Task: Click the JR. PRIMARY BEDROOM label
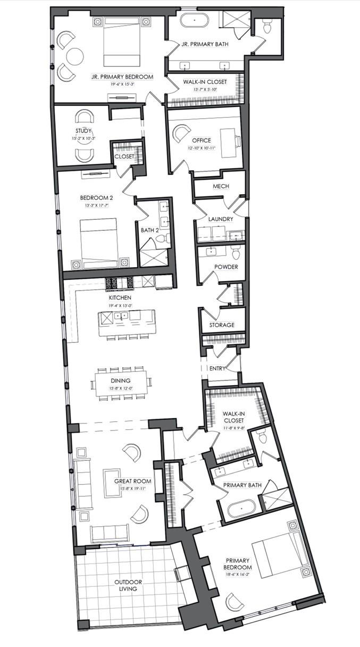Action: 122,77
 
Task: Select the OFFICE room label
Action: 202,140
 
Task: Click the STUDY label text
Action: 83,131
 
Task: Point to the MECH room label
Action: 220,186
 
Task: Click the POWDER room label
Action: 226,267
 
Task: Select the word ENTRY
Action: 218,368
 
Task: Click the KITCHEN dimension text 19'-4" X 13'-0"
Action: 120,305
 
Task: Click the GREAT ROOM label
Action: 133,481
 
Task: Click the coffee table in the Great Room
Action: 113,482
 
